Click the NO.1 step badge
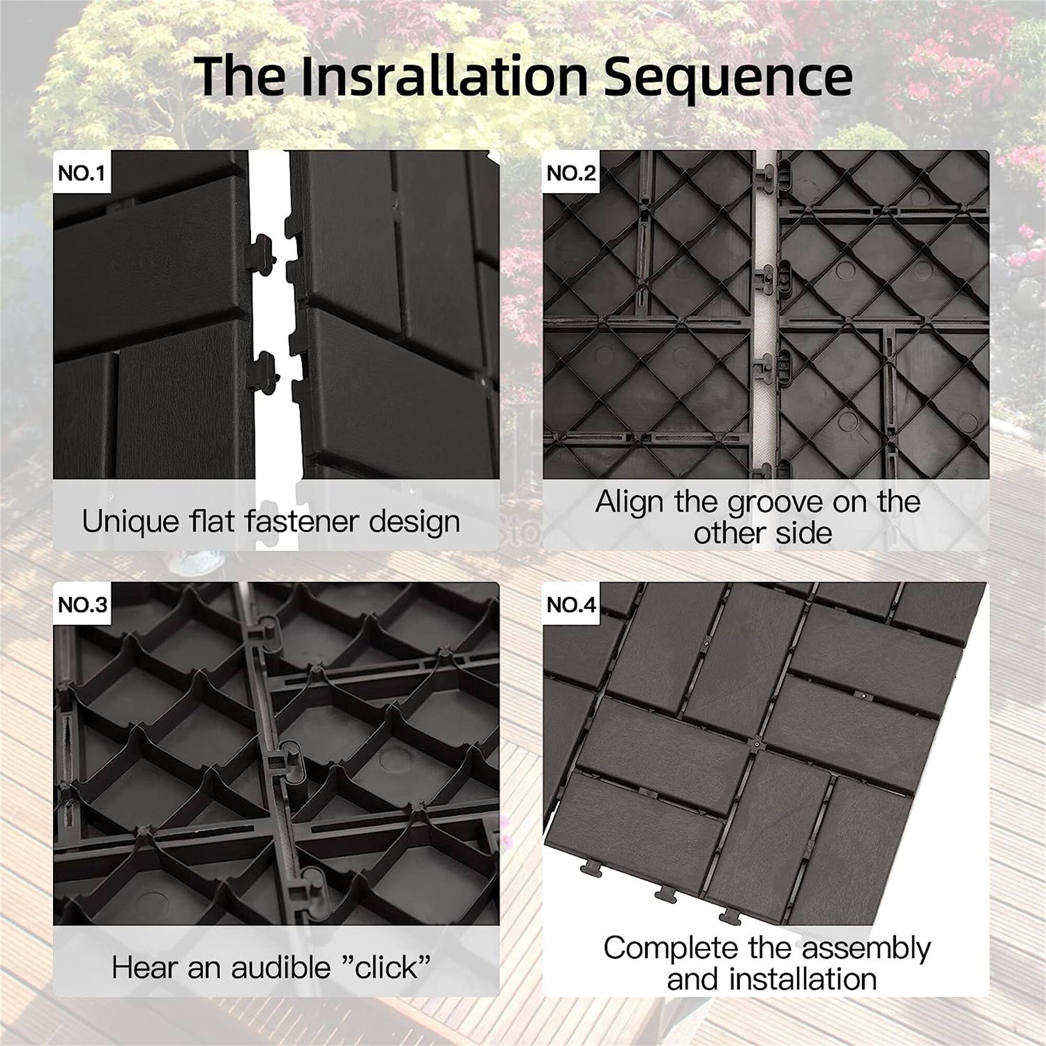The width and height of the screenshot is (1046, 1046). pyautogui.click(x=81, y=173)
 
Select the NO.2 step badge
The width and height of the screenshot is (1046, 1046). pyautogui.click(x=571, y=173)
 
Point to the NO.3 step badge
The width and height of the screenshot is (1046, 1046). pyautogui.click(x=82, y=605)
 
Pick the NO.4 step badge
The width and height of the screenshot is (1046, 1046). pyautogui.click(x=571, y=605)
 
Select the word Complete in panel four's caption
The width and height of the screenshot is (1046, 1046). pyautogui.click(x=671, y=948)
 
